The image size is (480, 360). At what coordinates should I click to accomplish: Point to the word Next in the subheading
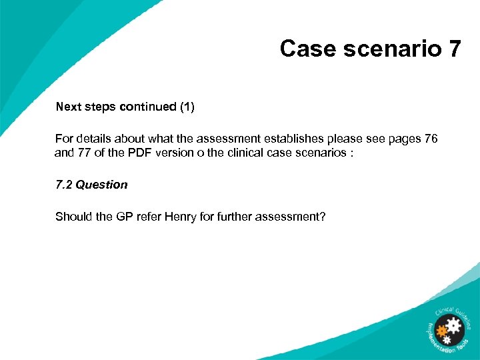(68, 107)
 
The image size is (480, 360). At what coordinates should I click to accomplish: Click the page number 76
(431, 139)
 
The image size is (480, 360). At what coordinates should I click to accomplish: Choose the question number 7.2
(64, 185)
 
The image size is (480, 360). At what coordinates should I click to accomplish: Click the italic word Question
(101, 185)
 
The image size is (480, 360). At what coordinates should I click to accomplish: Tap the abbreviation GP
(115, 217)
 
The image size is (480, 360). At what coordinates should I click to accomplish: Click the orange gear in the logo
(440, 330)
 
